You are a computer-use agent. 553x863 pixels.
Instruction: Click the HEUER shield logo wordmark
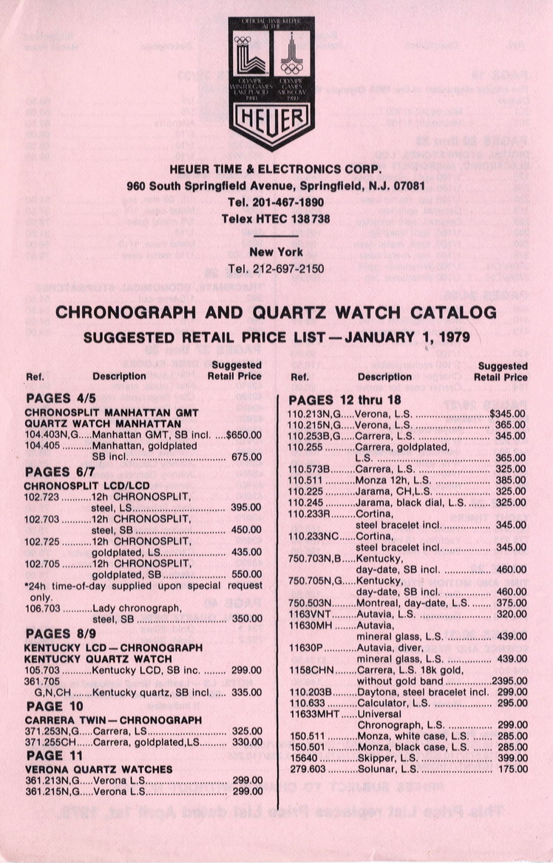pyautogui.click(x=271, y=118)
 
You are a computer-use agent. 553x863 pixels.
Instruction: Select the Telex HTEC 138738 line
pyautogui.click(x=275, y=219)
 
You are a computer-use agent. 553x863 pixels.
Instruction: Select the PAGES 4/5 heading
pyautogui.click(x=59, y=398)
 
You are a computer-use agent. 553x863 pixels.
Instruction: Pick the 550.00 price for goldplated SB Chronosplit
pyautogui.click(x=246, y=574)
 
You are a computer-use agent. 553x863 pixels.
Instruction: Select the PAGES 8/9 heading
pyautogui.click(x=59, y=634)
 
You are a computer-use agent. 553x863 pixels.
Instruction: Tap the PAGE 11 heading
pyautogui.click(x=55, y=755)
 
